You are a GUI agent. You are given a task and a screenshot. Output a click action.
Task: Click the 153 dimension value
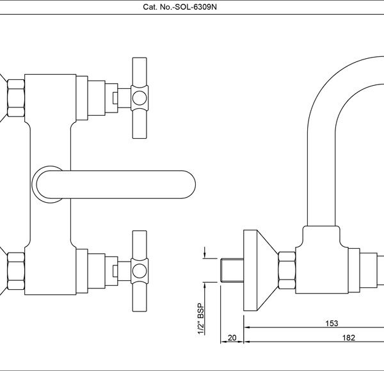point(332,323)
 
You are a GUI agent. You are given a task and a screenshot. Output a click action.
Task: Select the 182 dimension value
point(349,338)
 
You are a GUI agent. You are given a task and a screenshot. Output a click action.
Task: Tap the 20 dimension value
point(232,338)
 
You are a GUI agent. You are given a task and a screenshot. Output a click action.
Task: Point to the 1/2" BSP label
point(201,319)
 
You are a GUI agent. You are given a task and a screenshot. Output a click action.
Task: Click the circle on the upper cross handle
point(140,98)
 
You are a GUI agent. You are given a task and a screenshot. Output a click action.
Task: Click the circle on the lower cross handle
point(140,271)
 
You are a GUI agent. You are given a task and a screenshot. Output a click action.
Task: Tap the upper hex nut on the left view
point(16,98)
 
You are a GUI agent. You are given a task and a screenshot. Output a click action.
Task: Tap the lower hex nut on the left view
point(16,271)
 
